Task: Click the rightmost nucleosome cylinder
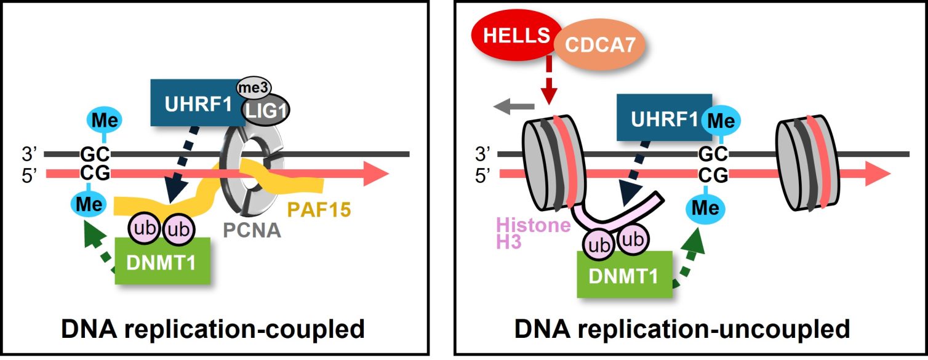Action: (x=806, y=163)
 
